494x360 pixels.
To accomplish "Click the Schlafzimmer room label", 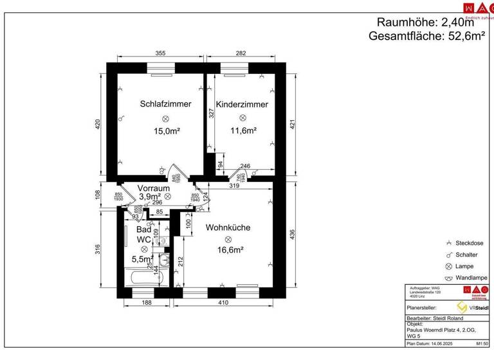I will tap(165, 104).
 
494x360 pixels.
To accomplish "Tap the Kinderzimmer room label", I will tap(242, 104).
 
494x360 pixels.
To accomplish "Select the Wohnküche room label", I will tap(228, 227).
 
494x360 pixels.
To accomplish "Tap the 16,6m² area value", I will tap(228, 251).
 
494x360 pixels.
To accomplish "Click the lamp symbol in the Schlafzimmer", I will tap(166, 118).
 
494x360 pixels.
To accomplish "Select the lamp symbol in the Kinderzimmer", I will tap(242, 118).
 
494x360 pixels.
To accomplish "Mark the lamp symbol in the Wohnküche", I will tap(228, 239).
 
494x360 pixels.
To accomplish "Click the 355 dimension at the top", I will tap(161, 54).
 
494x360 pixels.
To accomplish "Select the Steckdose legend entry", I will tap(469, 243).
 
